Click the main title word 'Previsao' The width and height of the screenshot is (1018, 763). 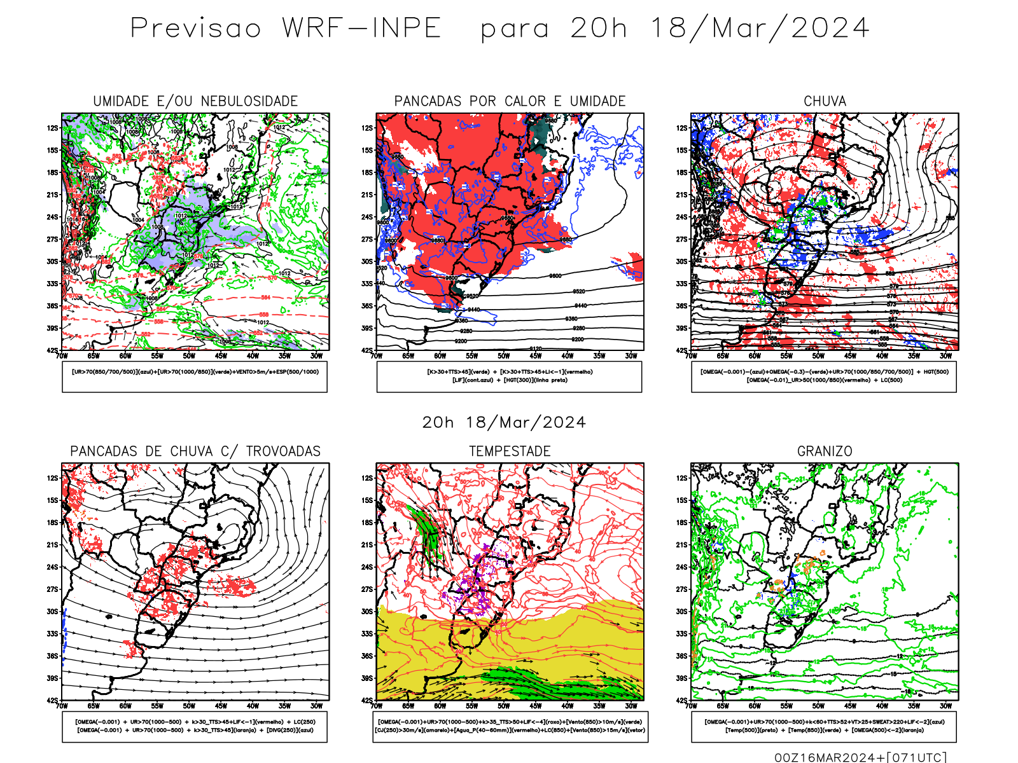click(x=196, y=29)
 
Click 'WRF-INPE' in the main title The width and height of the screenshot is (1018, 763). click(x=361, y=29)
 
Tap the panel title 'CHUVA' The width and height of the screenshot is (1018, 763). click(x=825, y=101)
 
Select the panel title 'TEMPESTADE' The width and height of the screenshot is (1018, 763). click(x=510, y=451)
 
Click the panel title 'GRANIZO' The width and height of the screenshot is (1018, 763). click(x=825, y=451)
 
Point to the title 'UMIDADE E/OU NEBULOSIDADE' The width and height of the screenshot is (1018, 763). click(x=195, y=101)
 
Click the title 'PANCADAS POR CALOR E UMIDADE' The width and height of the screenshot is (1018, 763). click(x=510, y=101)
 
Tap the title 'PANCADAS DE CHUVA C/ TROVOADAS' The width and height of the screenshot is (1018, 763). click(x=195, y=451)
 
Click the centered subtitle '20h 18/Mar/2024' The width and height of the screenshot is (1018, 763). click(x=504, y=423)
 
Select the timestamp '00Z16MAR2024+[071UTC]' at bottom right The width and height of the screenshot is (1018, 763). click(x=860, y=757)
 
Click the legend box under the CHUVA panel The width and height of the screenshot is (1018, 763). click(x=824, y=376)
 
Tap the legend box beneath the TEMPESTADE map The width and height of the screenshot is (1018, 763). click(x=510, y=726)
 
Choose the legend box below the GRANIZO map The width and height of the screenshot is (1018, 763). click(x=824, y=726)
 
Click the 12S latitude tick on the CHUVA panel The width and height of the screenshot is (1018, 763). click(x=682, y=128)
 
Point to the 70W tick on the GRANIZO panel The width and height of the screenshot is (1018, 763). click(x=691, y=706)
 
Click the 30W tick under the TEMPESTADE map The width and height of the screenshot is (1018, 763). click(x=631, y=706)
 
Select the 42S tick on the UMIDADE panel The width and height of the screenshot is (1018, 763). click(x=52, y=350)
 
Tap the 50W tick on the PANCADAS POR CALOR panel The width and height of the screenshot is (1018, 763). click(x=504, y=356)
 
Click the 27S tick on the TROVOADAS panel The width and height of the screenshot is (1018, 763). click(x=52, y=589)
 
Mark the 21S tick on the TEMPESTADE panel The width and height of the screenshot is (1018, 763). click(x=367, y=545)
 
